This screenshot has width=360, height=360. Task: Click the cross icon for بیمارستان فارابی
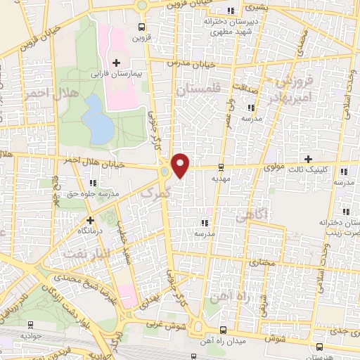[117, 63]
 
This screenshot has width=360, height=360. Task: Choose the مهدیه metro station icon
[221, 167]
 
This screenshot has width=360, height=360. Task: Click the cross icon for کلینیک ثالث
[307, 159]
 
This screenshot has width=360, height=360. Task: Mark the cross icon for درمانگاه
[90, 220]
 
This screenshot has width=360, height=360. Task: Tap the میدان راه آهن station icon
[222, 329]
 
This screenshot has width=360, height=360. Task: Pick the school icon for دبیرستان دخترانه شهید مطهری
[231, 11]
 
